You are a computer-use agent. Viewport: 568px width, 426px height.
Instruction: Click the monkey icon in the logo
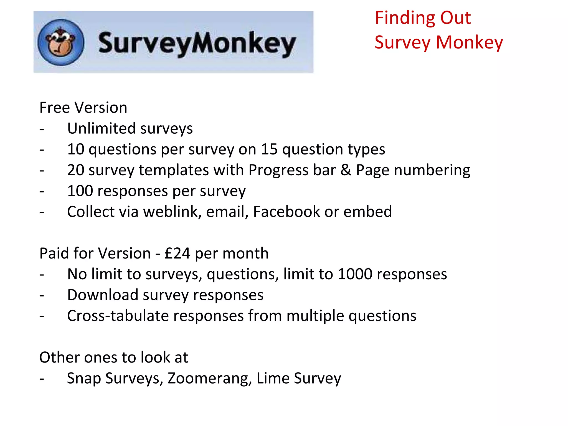(61, 42)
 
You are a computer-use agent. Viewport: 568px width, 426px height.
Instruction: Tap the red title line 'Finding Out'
(423, 18)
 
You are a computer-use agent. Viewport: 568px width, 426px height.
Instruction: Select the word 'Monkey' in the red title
(469, 43)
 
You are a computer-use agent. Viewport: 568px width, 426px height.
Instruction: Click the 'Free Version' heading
(83, 108)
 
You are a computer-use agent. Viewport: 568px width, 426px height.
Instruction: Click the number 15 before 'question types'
(269, 149)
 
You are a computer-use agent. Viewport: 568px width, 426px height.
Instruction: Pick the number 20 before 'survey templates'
(76, 170)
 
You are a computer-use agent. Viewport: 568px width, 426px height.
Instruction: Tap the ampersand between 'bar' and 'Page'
(346, 170)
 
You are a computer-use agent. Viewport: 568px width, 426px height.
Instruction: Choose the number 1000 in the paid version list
(355, 274)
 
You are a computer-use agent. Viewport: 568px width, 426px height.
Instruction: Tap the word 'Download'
(103, 295)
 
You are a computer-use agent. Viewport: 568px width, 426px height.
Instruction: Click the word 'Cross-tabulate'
(118, 316)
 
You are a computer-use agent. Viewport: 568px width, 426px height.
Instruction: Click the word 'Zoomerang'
(210, 378)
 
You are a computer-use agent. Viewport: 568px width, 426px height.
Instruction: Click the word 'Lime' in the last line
(273, 378)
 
